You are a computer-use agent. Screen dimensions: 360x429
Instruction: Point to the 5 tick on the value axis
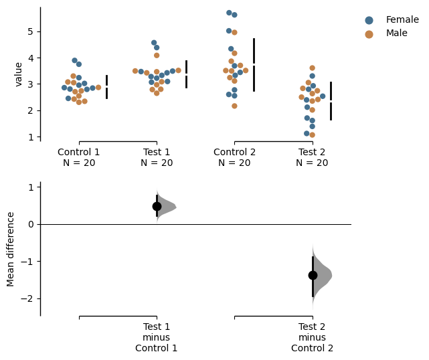click(31, 31)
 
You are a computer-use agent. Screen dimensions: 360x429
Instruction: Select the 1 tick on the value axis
click(31, 137)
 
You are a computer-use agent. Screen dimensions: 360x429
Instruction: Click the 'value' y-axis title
click(19, 74)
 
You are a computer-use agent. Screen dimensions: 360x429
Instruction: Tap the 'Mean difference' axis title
click(11, 249)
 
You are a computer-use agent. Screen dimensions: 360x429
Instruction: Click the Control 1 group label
click(79, 152)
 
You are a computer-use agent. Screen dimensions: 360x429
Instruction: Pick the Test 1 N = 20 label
click(157, 157)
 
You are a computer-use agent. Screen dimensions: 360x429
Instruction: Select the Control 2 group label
click(234, 152)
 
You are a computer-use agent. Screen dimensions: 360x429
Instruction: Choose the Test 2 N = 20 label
click(312, 157)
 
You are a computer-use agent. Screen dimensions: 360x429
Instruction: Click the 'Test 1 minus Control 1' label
click(157, 337)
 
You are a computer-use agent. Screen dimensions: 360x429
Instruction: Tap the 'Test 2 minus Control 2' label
click(312, 337)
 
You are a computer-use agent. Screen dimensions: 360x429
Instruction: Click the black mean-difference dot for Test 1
click(157, 206)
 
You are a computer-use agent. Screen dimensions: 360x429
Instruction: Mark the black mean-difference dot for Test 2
click(313, 275)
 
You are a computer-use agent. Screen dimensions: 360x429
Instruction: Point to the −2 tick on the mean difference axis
click(31, 298)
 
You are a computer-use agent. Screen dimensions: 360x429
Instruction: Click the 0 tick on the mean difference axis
click(31, 224)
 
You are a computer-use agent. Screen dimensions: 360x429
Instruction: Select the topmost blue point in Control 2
click(229, 13)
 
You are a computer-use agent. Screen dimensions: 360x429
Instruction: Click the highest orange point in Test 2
click(312, 68)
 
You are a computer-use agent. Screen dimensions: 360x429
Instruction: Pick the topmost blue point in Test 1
click(154, 43)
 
